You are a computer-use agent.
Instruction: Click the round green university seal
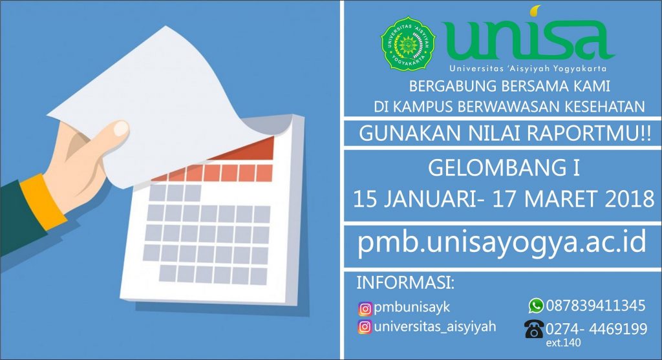tap(409, 43)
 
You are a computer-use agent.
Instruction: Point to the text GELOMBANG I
tap(504, 168)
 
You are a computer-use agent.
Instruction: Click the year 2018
tap(630, 199)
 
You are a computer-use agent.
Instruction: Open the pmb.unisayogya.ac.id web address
tap(502, 242)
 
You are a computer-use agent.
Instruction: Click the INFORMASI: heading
tap(405, 283)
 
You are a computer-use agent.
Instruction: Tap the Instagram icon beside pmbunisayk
tap(365, 308)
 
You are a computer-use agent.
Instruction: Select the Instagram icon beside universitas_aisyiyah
tap(365, 327)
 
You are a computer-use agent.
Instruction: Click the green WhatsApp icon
tap(536, 306)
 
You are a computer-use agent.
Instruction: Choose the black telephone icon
tap(534, 329)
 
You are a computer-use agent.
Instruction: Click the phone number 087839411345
tap(595, 306)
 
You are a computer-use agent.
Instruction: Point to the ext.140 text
tap(563, 343)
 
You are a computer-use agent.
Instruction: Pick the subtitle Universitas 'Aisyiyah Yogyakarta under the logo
tap(528, 69)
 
